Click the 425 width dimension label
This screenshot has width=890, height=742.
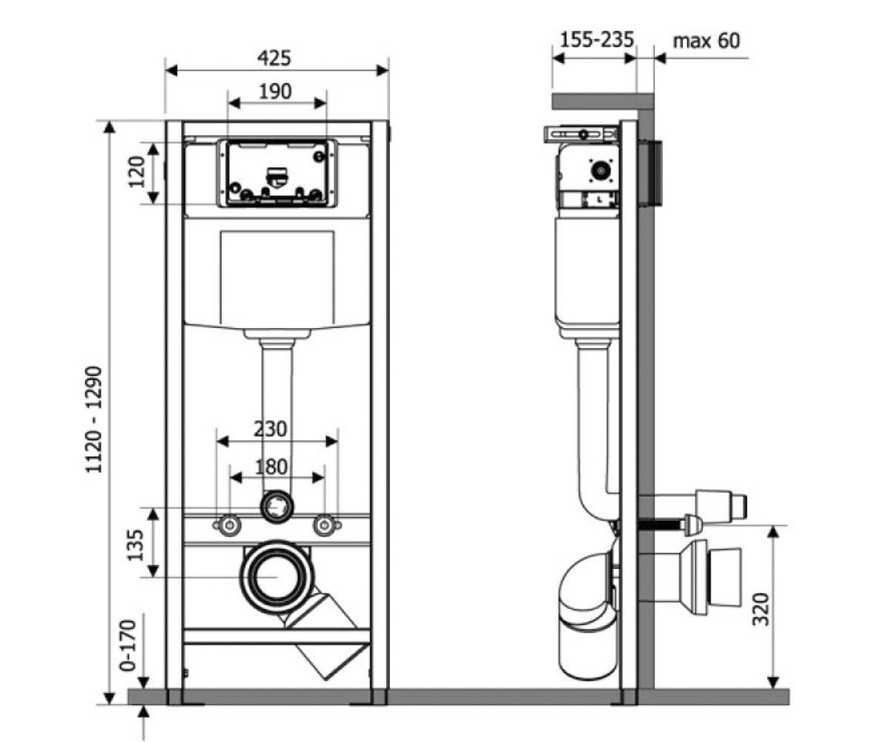point(274,58)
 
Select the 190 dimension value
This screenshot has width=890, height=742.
point(275,92)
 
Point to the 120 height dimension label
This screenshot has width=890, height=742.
point(136,172)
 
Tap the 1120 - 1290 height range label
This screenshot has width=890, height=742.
point(93,420)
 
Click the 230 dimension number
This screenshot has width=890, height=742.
point(270,429)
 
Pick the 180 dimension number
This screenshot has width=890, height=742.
point(271,467)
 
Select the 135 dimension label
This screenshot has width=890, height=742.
point(136,545)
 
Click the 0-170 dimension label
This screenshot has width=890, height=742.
point(128,646)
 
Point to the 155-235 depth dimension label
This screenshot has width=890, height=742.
point(597,39)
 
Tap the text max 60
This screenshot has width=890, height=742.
point(706,41)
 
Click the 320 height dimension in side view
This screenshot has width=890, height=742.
point(760,609)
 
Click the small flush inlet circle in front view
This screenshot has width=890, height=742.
point(277,507)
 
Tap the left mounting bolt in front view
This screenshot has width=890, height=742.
point(229,525)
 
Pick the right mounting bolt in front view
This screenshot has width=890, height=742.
point(325,525)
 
